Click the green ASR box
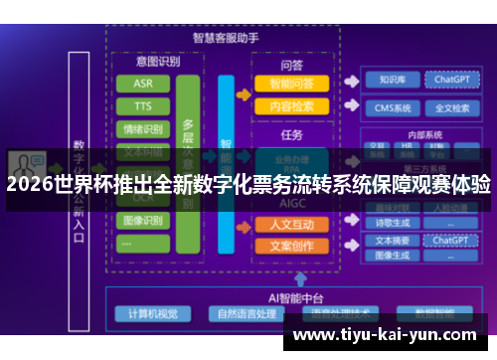[143, 84]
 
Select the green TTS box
[143, 106]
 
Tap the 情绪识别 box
[143, 129]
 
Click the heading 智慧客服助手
[226, 38]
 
